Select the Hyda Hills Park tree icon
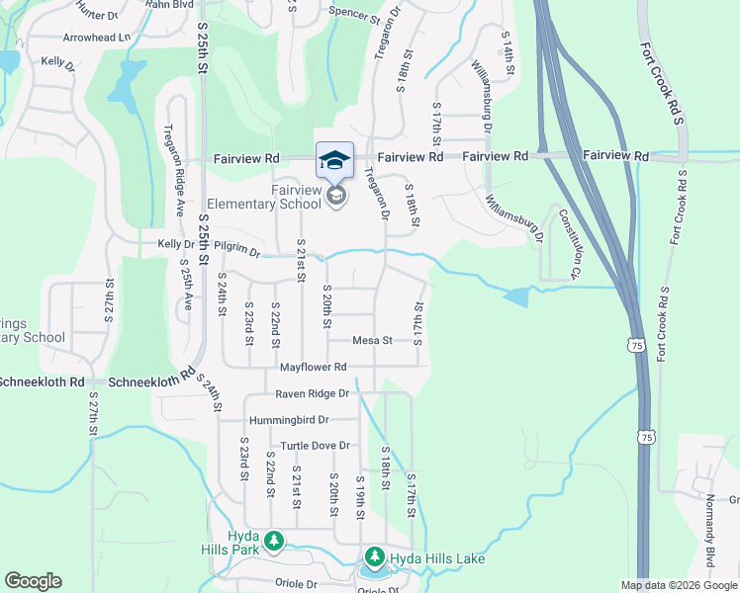tap(274, 541)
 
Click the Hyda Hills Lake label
tap(437, 559)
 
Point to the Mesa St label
tap(373, 340)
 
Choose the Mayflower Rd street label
tap(313, 367)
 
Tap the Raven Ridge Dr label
tap(314, 393)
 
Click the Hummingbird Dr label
tap(288, 420)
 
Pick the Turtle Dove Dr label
tap(316, 446)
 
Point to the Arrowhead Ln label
tap(97, 37)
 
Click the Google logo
tap(33, 580)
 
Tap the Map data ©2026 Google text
tap(679, 585)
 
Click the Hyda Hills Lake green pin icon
tap(374, 558)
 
